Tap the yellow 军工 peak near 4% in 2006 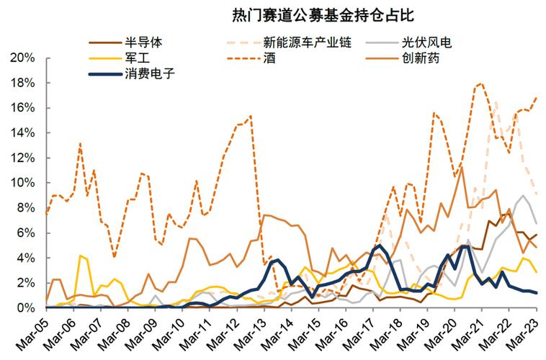81,256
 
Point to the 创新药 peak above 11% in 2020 461,167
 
